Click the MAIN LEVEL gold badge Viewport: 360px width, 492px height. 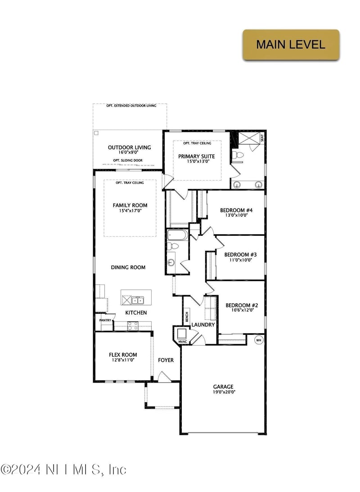coord(291,45)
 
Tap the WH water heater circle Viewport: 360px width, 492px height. coord(259,340)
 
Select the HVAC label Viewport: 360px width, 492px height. coord(182,342)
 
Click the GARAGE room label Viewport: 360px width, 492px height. coord(223,387)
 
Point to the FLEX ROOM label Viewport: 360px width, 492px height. coord(123,354)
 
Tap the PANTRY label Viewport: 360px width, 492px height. coord(104,320)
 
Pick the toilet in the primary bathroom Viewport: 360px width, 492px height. coord(239,156)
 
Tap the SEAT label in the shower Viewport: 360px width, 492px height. coord(262,139)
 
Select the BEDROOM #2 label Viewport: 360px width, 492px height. coord(242,305)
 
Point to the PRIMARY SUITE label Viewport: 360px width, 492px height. coord(199,157)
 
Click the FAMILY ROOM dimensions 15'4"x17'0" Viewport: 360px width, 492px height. coord(130,211)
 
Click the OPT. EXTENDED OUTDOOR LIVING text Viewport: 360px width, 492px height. coord(131,106)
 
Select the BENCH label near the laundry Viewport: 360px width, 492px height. coord(186,317)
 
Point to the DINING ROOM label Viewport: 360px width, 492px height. coord(128,267)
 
